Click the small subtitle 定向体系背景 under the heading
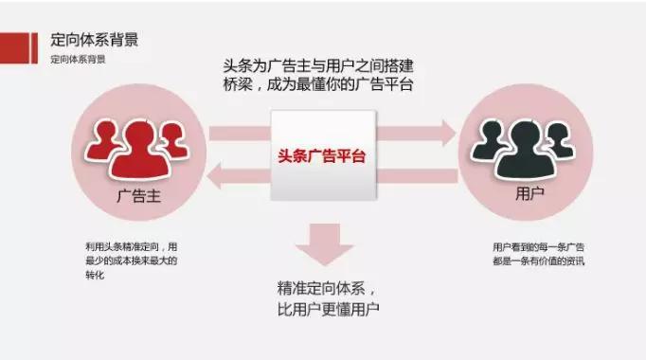coord(78,59)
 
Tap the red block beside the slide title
coord(18,42)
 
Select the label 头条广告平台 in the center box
coord(322,155)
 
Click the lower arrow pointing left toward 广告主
coord(237,175)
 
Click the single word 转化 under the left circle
coord(95,275)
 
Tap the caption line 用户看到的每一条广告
coord(523,246)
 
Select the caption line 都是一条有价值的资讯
coord(523,261)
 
